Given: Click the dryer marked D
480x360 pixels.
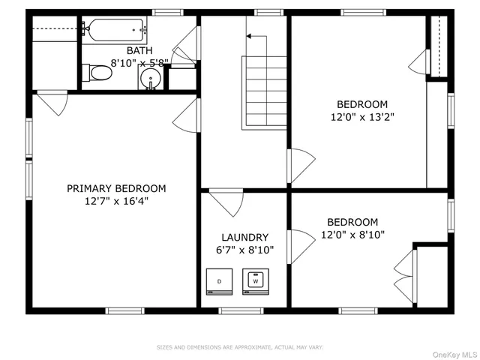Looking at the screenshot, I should point(219,281).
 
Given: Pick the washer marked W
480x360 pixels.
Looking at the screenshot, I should point(254,281).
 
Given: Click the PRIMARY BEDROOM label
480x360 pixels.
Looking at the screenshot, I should point(116,188).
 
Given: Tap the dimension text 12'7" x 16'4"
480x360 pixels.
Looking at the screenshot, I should point(116,201).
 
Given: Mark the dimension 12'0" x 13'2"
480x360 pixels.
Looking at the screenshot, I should point(362,117).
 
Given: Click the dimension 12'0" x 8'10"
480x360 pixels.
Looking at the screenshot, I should point(352,235).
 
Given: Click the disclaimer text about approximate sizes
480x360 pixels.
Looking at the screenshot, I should point(239,347).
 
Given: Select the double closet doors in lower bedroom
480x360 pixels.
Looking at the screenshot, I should point(405,270).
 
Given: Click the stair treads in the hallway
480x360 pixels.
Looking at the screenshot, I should point(265,90).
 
